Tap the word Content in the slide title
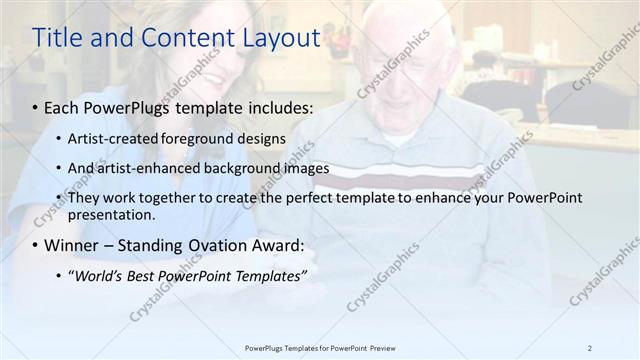(x=185, y=38)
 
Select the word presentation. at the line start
(x=112, y=214)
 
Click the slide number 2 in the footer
(x=589, y=348)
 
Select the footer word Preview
(x=381, y=348)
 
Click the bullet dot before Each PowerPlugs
(x=36, y=107)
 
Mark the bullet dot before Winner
(x=36, y=245)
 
